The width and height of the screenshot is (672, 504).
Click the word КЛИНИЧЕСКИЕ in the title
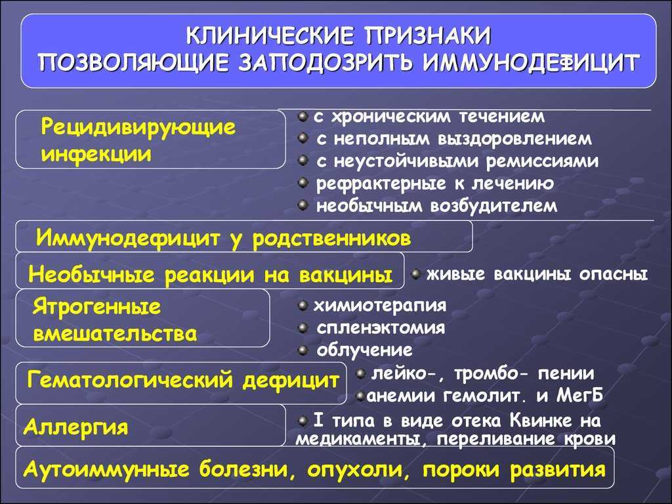point(270,36)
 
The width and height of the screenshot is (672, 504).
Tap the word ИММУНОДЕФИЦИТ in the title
point(531,63)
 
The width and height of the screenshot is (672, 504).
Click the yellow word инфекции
point(96,154)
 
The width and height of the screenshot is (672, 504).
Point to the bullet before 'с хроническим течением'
point(303,116)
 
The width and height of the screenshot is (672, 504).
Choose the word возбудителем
point(493,205)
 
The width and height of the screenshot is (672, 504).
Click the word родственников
point(331,238)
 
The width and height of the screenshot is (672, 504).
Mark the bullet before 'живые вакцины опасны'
point(415,274)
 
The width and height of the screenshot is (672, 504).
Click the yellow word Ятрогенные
point(96,307)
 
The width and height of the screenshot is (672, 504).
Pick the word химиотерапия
point(380,306)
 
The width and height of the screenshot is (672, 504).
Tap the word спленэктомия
point(381,328)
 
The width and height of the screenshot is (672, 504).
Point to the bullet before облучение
point(303,350)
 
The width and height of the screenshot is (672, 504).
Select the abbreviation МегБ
point(579,395)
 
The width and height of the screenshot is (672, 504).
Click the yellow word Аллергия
point(76,427)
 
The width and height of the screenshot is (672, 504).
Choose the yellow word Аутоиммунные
point(106,469)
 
